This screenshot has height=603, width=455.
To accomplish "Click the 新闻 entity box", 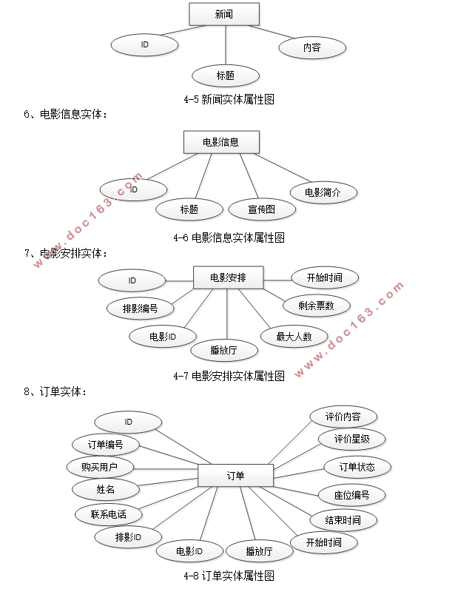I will (224, 14).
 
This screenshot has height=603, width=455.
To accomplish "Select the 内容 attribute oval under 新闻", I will (311, 47).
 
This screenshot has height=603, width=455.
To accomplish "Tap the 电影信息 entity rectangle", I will (220, 142).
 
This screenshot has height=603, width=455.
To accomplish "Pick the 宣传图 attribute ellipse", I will (261, 209).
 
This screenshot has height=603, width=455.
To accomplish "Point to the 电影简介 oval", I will (323, 192).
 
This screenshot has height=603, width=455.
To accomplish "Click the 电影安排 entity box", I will (228, 278).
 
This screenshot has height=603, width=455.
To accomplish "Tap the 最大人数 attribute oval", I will (294, 337).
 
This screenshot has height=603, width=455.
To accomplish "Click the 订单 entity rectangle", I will (235, 475).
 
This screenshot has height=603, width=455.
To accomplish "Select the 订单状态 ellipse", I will (357, 467).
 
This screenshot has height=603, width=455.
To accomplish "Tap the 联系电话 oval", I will (108, 513).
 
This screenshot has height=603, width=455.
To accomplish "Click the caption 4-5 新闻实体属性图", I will (223, 99).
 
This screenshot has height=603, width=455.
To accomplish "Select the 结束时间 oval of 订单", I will (342, 520).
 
